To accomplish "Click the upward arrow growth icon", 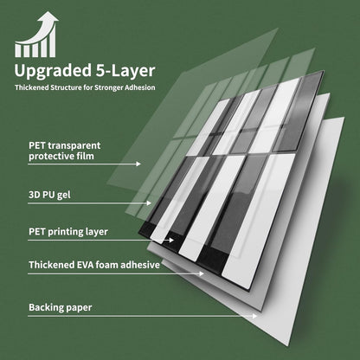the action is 36,34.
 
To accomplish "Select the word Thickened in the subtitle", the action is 32,87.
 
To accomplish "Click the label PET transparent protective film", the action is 65,151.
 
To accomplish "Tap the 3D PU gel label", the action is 49,195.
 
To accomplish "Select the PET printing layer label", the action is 68,232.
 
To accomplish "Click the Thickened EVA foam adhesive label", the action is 94,265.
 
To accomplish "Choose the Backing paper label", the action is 61,307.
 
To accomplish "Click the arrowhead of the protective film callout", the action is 138,164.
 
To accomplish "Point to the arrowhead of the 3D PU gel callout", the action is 149,203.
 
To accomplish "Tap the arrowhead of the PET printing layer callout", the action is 171,240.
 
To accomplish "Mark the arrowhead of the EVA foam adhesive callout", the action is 202,273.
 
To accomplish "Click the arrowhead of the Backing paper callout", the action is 254,316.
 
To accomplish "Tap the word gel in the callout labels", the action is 64,196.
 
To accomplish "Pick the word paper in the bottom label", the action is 79,308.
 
